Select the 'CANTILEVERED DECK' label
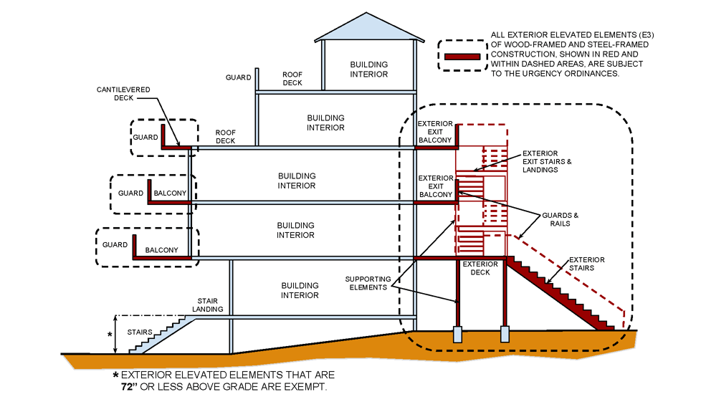coord(123,94)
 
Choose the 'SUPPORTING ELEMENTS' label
coord(368,283)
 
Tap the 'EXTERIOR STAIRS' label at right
coord(587,264)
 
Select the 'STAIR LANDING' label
coord(211,305)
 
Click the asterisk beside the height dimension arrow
coord(109,335)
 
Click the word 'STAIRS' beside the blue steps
coord(140,332)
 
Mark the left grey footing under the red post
coord(458,334)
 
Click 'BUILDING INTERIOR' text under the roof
coord(368,70)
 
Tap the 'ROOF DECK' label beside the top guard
coord(292,78)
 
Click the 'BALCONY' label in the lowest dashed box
coord(161,250)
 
